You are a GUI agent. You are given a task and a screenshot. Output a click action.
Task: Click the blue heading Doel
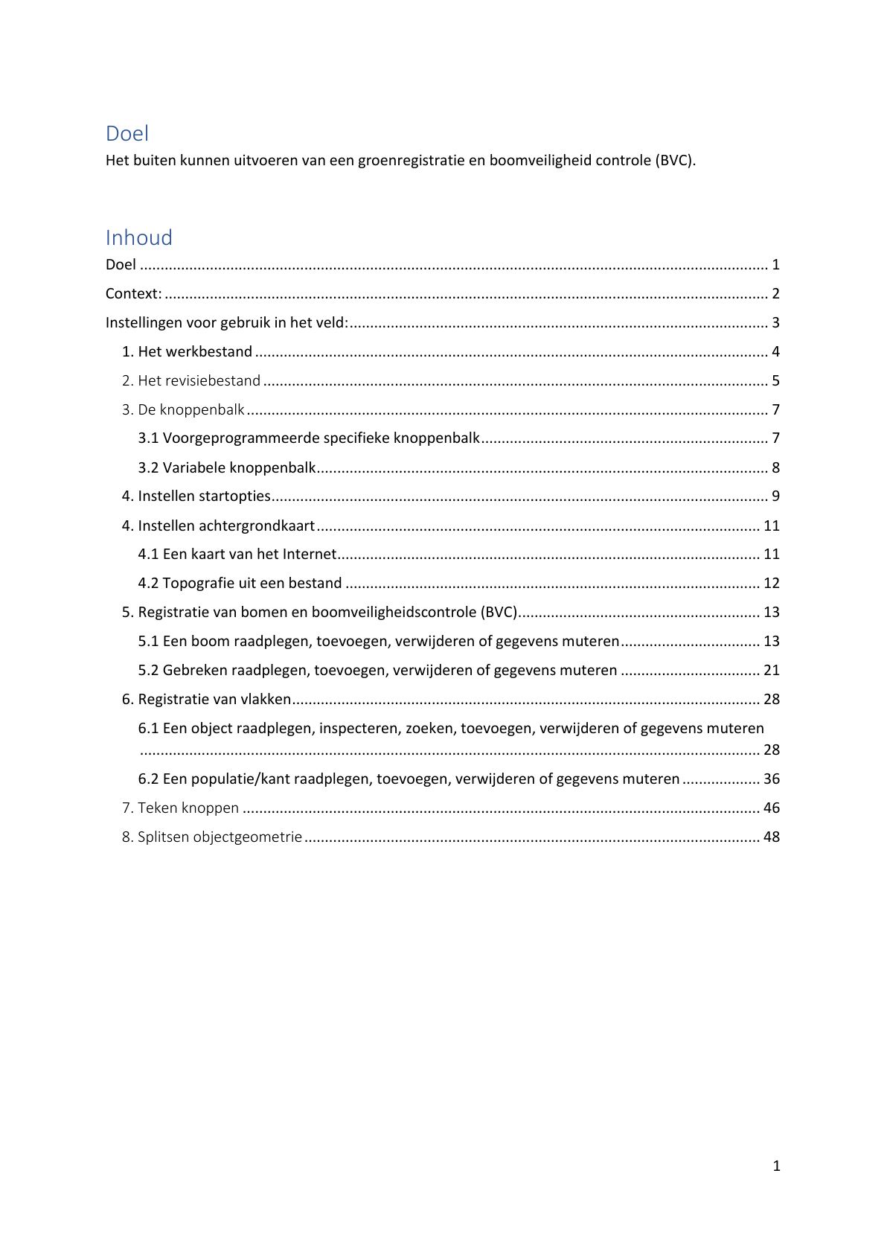pyautogui.click(x=127, y=133)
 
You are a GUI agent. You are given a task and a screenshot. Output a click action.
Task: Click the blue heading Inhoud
pyautogui.click(x=139, y=237)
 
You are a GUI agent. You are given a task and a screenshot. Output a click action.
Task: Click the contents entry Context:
pyautogui.click(x=134, y=293)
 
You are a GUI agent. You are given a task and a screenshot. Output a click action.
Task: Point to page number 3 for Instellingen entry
pyautogui.click(x=775, y=322)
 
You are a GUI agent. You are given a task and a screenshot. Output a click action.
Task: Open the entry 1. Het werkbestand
pyautogui.click(x=188, y=351)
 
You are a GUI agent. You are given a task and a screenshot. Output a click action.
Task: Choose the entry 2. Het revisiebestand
pyautogui.click(x=191, y=380)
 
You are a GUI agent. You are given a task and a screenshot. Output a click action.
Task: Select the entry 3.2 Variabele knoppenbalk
pyautogui.click(x=227, y=467)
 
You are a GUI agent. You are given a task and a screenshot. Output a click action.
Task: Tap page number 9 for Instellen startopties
pyautogui.click(x=775, y=496)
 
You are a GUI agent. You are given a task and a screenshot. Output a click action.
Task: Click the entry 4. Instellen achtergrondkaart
pyautogui.click(x=219, y=525)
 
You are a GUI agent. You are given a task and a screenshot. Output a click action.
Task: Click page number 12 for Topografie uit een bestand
pyautogui.click(x=772, y=583)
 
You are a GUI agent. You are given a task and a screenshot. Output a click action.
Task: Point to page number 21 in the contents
pyautogui.click(x=772, y=670)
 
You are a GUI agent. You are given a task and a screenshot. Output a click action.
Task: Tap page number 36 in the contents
pyautogui.click(x=772, y=779)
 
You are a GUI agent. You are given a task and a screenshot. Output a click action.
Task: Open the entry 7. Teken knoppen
pyautogui.click(x=181, y=808)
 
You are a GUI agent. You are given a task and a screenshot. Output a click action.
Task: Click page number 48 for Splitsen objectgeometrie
pyautogui.click(x=772, y=837)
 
